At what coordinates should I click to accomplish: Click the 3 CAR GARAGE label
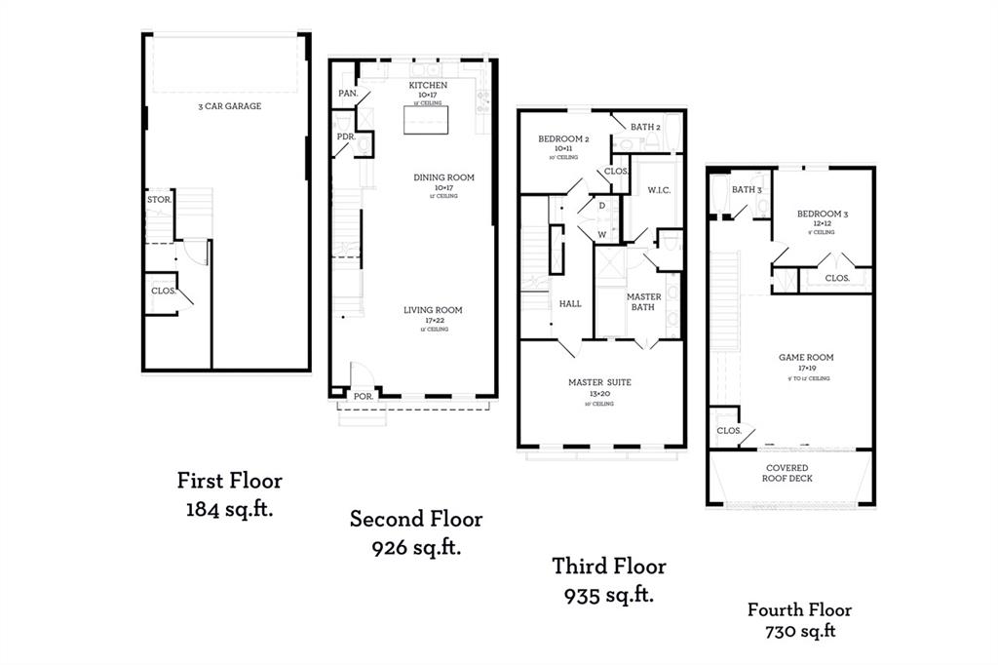pyautogui.click(x=229, y=106)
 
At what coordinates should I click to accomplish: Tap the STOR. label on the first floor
pyautogui.click(x=159, y=199)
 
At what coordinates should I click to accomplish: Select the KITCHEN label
pyautogui.click(x=428, y=86)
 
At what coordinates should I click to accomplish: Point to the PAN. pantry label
pyautogui.click(x=347, y=94)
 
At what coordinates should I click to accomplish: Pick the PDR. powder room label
pyautogui.click(x=345, y=137)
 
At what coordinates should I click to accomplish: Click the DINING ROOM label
pyautogui.click(x=443, y=176)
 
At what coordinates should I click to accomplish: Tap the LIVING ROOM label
pyautogui.click(x=433, y=310)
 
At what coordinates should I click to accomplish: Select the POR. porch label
pyautogui.click(x=363, y=396)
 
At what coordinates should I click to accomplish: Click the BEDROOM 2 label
pyautogui.click(x=563, y=139)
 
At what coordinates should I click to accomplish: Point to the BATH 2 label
pyautogui.click(x=645, y=127)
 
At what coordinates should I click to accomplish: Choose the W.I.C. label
pyautogui.click(x=659, y=190)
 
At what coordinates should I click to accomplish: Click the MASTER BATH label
pyautogui.click(x=643, y=302)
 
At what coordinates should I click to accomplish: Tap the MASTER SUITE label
pyautogui.click(x=599, y=382)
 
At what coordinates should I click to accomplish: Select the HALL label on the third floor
pyautogui.click(x=570, y=303)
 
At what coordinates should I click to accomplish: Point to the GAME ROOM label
pyautogui.click(x=805, y=358)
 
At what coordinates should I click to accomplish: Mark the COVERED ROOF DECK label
pyautogui.click(x=787, y=473)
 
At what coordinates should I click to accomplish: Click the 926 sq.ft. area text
pyautogui.click(x=416, y=547)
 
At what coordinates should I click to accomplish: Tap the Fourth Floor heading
pyautogui.click(x=799, y=610)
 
